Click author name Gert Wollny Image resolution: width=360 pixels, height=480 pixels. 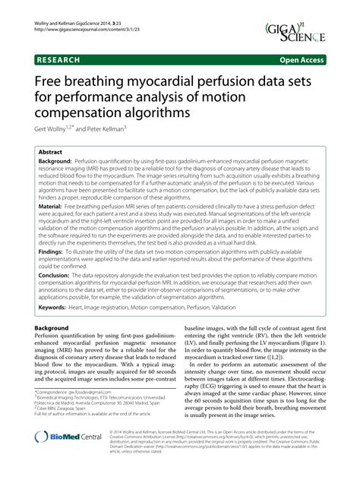click(52, 129)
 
